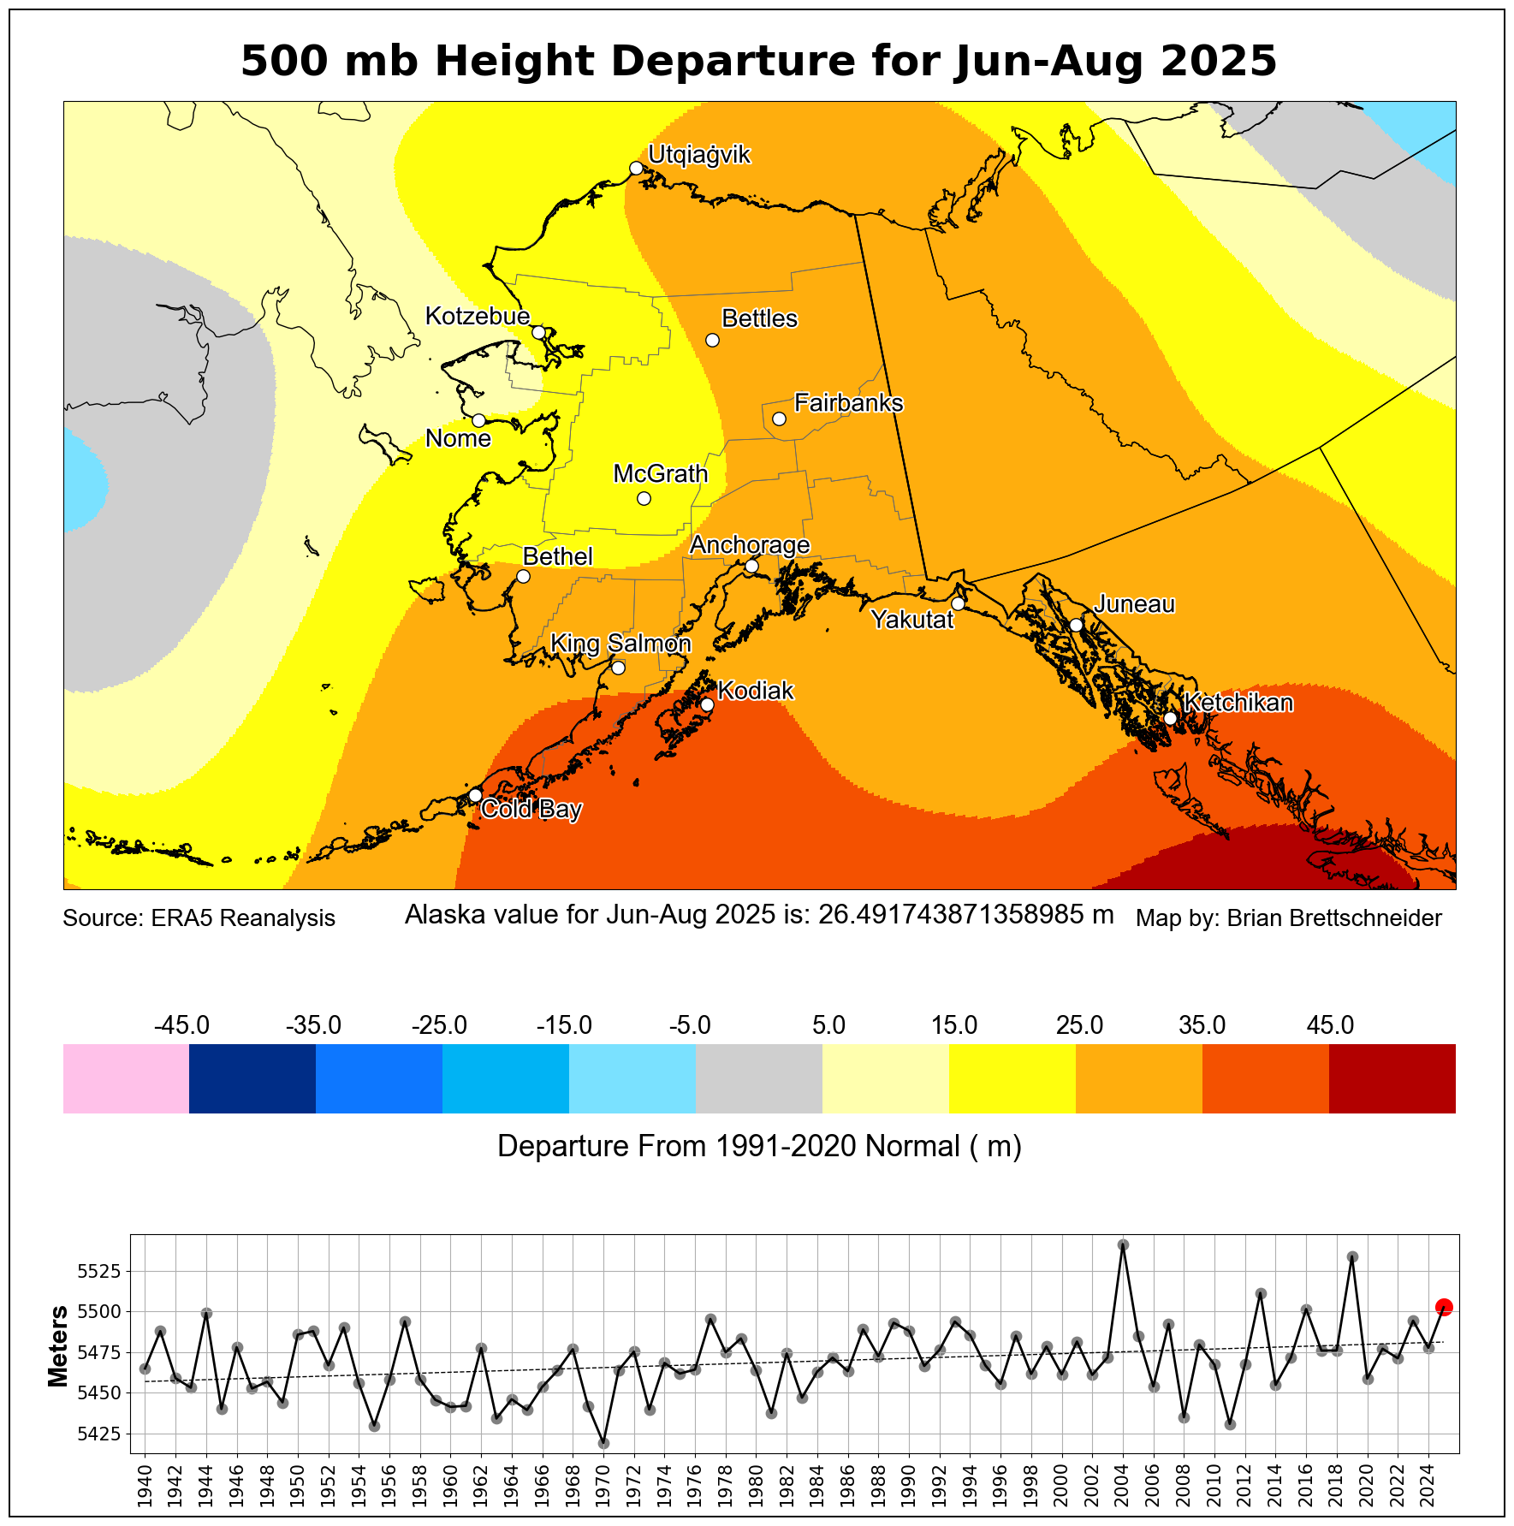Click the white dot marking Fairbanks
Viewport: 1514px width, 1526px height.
(x=779, y=419)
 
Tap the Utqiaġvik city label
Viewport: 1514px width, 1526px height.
(x=698, y=155)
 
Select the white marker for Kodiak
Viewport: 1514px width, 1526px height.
(x=707, y=705)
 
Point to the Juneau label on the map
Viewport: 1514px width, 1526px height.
(x=1135, y=604)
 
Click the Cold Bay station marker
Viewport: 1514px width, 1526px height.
(x=475, y=795)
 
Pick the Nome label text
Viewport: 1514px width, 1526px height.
(x=458, y=439)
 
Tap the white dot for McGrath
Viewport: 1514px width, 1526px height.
(x=644, y=498)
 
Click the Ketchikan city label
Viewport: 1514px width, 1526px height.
(x=1238, y=703)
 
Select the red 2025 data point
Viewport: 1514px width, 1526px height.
(x=1444, y=1307)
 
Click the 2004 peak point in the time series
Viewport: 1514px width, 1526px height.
(x=1123, y=1244)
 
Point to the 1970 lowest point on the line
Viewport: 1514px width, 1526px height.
(x=603, y=1443)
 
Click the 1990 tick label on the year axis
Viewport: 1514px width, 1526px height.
(x=909, y=1487)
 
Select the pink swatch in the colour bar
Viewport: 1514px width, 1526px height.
(x=126, y=1078)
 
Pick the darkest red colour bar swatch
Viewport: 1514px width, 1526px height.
(x=1392, y=1078)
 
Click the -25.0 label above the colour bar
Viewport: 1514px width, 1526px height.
(x=440, y=1025)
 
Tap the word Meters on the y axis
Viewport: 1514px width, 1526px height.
(x=58, y=1346)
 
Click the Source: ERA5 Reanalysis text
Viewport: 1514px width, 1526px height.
(x=199, y=918)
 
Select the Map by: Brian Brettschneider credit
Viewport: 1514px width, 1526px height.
(x=1288, y=918)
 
